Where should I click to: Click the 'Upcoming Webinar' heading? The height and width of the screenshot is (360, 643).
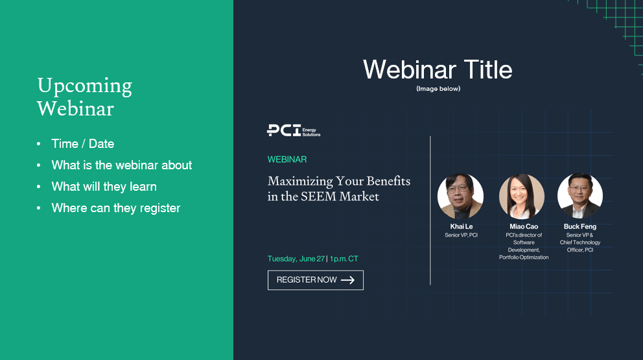(84, 97)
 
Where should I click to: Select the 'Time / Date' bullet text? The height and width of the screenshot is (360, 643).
(83, 143)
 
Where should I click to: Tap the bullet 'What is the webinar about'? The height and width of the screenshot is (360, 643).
(122, 165)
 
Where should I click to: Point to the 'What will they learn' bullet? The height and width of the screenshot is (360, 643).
(104, 187)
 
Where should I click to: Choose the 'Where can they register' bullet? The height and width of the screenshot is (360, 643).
(116, 208)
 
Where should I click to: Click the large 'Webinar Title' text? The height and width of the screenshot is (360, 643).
(438, 69)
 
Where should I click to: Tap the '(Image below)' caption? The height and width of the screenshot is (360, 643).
(438, 89)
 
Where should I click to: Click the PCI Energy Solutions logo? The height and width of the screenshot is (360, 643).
(294, 130)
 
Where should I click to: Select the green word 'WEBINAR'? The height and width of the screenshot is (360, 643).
(287, 160)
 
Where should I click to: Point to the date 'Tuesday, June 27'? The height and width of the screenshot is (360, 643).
(296, 259)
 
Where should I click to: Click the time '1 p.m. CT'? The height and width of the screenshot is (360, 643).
(344, 259)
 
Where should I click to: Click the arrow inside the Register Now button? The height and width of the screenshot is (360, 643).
(347, 280)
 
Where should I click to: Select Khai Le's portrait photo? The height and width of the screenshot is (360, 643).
(460, 196)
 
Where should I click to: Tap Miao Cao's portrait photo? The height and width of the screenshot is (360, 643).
(522, 196)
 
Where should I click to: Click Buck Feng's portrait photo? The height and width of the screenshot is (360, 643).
(580, 196)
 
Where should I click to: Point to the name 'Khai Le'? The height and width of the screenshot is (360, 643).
(462, 226)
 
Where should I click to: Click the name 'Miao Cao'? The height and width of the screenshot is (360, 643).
(524, 226)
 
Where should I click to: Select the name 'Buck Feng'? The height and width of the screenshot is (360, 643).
(580, 226)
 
